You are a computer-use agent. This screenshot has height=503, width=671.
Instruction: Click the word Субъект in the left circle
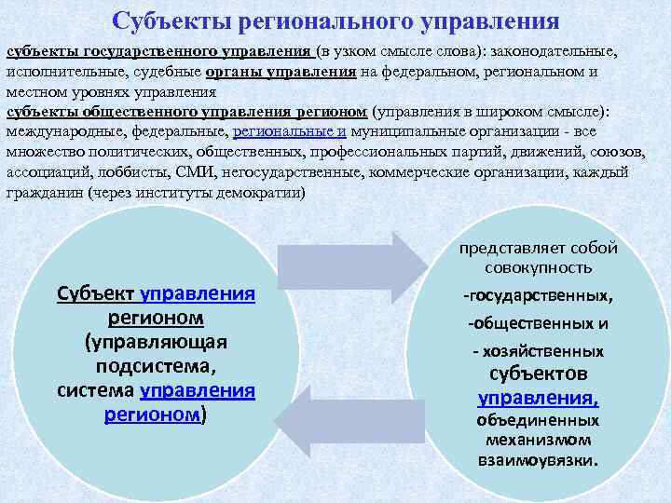pyautogui.click(x=97, y=295)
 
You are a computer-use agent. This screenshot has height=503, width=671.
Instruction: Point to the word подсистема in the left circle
pyautogui.click(x=157, y=365)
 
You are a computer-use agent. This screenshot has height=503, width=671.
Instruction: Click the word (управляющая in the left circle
pyautogui.click(x=157, y=342)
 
